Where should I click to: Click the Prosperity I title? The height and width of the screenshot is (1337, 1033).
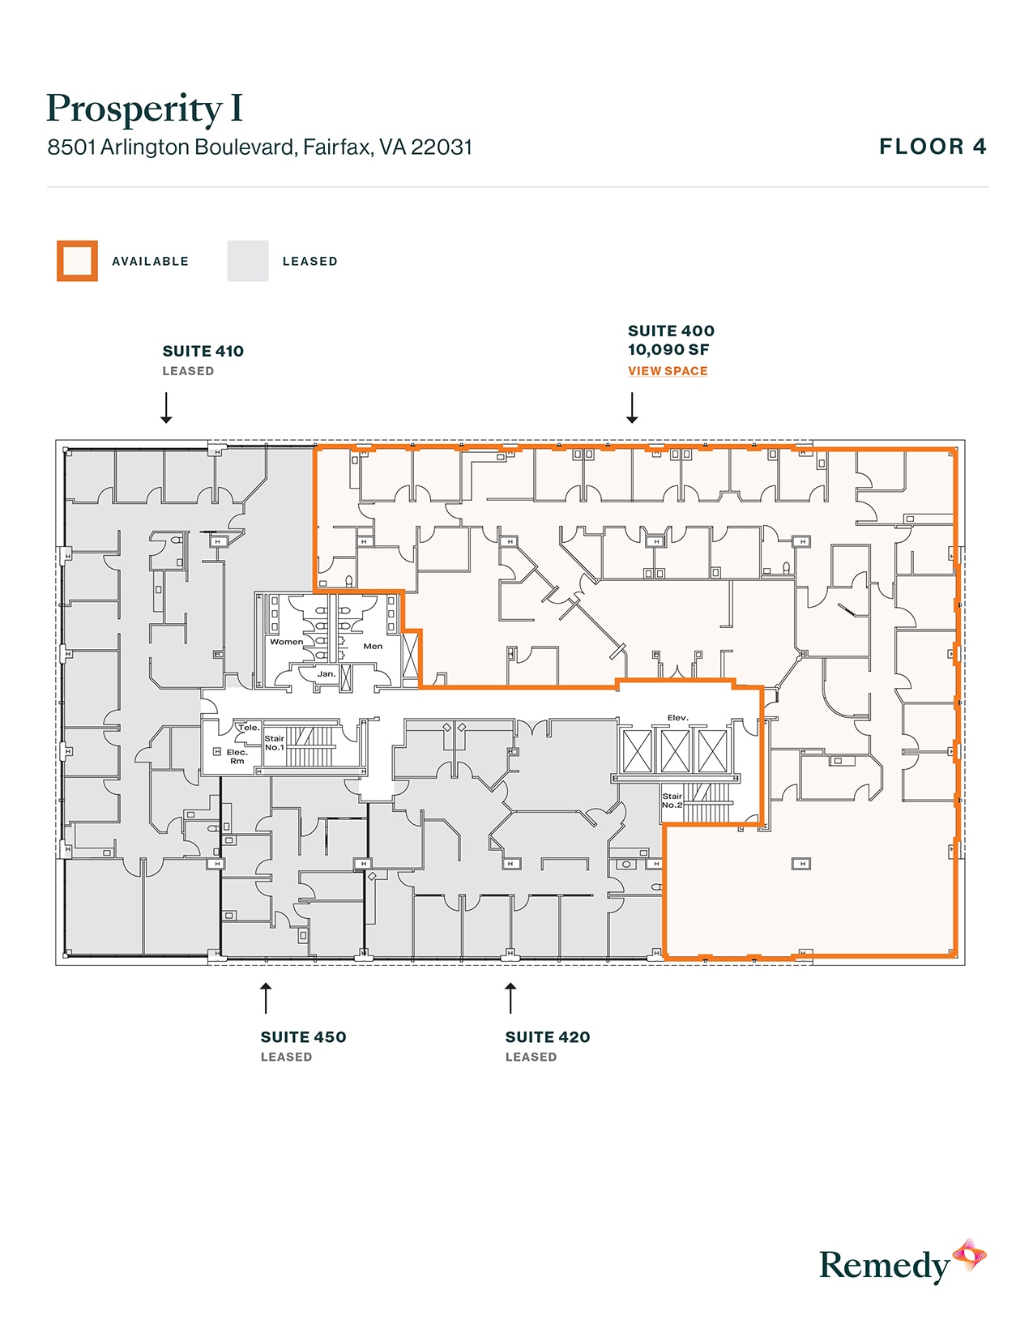(x=144, y=109)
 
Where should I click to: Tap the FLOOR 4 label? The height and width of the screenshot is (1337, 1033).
(x=933, y=147)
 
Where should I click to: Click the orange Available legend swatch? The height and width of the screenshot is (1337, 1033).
(x=77, y=261)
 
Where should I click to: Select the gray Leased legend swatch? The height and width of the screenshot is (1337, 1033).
(x=247, y=261)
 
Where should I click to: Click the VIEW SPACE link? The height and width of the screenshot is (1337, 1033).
(x=668, y=371)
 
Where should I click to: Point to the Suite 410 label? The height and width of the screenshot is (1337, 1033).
(x=203, y=351)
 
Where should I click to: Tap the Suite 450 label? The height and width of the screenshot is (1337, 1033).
(x=303, y=1037)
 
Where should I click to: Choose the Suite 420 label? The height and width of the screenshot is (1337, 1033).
(x=548, y=1037)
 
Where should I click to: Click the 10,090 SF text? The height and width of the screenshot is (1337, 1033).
(x=668, y=350)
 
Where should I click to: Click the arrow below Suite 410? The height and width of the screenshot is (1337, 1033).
(x=166, y=408)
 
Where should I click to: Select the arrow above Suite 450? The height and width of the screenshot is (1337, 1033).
(x=266, y=998)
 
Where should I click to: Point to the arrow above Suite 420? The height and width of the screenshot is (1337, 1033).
(x=510, y=998)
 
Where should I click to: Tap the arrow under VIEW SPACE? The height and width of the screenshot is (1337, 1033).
(x=632, y=408)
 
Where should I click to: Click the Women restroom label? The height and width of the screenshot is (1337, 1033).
(x=286, y=642)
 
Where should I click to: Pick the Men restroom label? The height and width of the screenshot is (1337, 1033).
(x=373, y=646)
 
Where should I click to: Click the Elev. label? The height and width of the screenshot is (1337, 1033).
(x=677, y=718)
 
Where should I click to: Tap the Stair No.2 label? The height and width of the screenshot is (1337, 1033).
(x=672, y=801)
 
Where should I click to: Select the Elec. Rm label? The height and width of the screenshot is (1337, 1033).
(x=237, y=757)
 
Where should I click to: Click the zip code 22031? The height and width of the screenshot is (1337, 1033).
(x=442, y=147)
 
